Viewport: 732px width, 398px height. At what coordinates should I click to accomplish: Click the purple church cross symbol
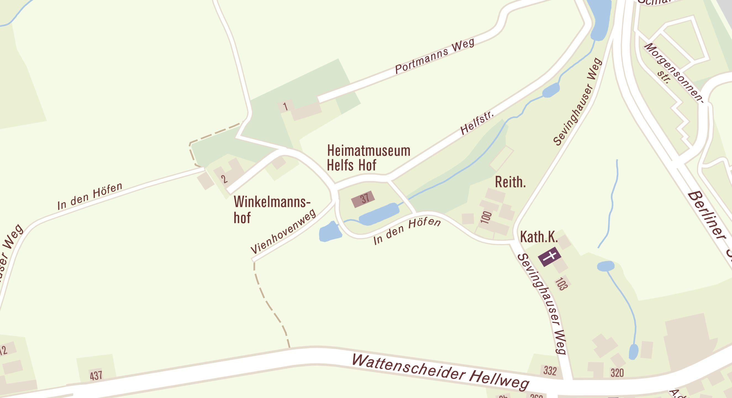pos(550,257)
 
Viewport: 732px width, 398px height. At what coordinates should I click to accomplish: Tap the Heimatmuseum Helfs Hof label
pos(368,158)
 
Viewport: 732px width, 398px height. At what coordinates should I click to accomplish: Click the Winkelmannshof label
pos(271,210)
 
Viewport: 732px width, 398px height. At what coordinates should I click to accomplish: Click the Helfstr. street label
pos(477,123)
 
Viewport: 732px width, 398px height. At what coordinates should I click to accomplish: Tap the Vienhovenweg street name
pos(283,232)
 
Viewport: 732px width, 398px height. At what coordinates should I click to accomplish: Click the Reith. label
pos(510,182)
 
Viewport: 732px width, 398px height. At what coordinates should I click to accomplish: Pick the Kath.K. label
pos(539,237)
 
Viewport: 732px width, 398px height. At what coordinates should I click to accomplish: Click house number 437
pos(96,375)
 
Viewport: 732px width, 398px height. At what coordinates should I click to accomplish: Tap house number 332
pos(550,371)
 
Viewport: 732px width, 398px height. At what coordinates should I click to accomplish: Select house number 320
pos(617,373)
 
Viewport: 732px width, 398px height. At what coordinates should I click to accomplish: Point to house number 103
pos(560,284)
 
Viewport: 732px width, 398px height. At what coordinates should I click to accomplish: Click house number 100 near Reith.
pos(486,218)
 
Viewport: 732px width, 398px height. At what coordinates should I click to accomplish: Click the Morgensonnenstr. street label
pos(673,71)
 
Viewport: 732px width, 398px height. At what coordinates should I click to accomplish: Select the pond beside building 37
pos(379,214)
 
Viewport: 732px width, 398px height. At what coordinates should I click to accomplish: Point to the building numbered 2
pos(224,179)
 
